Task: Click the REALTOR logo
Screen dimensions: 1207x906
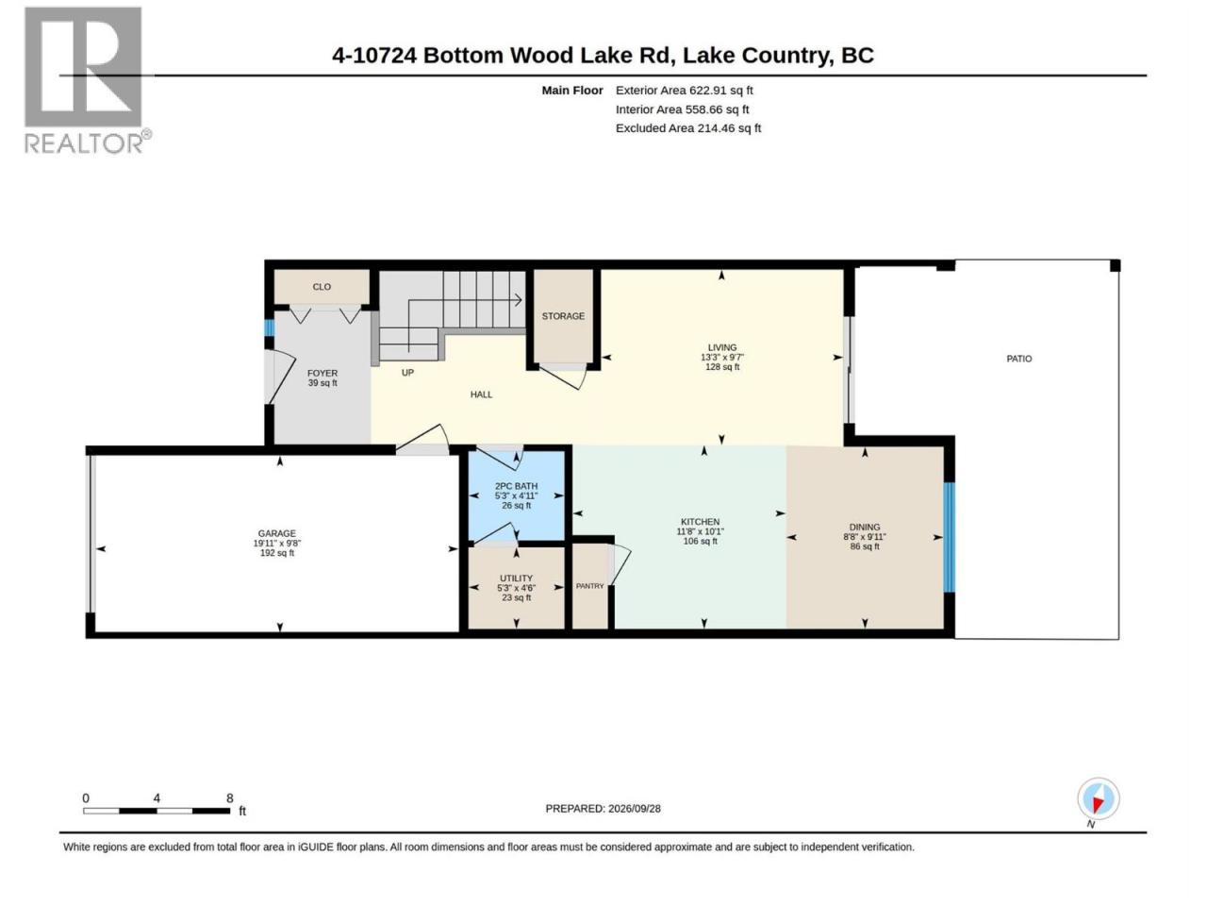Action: (x=88, y=80)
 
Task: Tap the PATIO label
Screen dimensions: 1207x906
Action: (x=1018, y=359)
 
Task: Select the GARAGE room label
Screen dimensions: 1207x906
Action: (x=276, y=533)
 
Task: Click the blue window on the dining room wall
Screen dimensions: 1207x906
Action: (x=949, y=537)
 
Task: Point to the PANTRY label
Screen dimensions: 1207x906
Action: (x=589, y=586)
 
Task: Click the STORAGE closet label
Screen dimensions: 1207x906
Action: (x=563, y=316)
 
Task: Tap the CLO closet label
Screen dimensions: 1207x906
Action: (x=322, y=287)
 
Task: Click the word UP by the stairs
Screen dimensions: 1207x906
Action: (x=407, y=373)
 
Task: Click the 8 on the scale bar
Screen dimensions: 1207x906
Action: (x=230, y=797)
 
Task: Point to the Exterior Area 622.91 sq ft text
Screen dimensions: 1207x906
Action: (x=684, y=91)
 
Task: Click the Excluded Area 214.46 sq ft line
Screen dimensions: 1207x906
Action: (x=688, y=128)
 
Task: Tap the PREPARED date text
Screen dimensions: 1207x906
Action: (x=603, y=809)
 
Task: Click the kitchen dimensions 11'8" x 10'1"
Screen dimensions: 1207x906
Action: (x=700, y=531)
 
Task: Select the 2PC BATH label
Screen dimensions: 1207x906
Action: (x=516, y=486)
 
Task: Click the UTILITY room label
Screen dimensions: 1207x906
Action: (x=516, y=579)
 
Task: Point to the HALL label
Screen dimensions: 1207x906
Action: (x=481, y=394)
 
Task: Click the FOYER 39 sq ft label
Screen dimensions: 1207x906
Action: (x=322, y=377)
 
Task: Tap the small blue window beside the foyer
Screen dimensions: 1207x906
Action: (x=270, y=327)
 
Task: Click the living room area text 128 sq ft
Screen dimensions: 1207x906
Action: (x=722, y=367)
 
